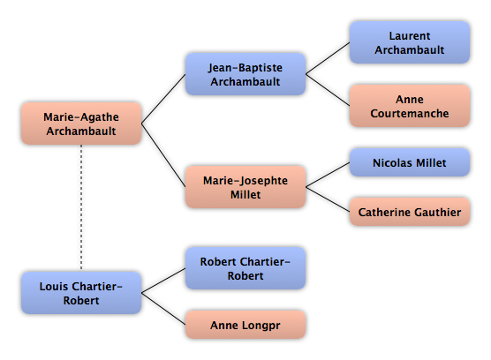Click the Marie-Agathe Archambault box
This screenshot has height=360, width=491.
tap(81, 124)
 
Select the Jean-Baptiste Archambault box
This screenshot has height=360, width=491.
tap(245, 74)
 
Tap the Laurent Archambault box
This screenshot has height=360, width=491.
tap(410, 42)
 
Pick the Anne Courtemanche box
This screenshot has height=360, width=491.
tap(410, 106)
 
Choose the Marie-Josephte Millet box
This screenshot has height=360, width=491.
tap(245, 187)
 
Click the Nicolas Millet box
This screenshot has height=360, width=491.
tap(410, 162)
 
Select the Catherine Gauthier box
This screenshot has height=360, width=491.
tap(410, 212)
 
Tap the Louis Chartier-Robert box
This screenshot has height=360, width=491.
tap(81, 293)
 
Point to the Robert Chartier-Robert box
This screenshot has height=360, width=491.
tap(245, 268)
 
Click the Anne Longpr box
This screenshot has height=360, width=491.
tap(245, 325)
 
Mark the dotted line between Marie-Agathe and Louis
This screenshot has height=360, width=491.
tap(81, 208)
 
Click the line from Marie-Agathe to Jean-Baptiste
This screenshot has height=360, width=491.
tap(163, 99)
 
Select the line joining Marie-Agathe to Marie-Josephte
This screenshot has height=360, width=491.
tap(163, 155)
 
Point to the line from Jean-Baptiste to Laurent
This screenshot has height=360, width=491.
tap(328, 58)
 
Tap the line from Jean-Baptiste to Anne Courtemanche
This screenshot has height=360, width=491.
tap(328, 90)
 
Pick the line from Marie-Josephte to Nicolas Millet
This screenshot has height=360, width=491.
tap(328, 175)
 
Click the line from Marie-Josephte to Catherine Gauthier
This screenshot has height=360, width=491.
tap(328, 199)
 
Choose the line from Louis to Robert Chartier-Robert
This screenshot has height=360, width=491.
tap(163, 281)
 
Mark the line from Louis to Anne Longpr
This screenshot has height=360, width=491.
tap(163, 309)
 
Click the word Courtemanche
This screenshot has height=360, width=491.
tap(410, 113)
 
